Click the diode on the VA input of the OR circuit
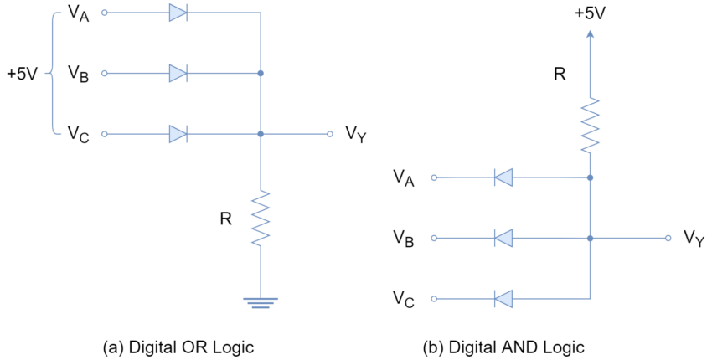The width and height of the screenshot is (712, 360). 178,13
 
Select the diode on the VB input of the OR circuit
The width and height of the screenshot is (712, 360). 178,73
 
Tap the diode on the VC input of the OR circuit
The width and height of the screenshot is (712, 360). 178,134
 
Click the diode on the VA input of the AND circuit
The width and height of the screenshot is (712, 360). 503,177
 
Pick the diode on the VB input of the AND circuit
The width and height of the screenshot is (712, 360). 503,238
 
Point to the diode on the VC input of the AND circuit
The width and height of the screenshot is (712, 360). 503,299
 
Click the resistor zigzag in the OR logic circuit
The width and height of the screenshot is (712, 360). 261,219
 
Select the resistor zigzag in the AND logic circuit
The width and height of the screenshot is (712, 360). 590,126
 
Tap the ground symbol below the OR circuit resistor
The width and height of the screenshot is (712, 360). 261,303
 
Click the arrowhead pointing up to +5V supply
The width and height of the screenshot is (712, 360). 590,34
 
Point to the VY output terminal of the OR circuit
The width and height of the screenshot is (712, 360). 330,134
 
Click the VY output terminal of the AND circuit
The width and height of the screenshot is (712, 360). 668,238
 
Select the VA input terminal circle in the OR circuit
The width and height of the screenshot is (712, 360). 105,13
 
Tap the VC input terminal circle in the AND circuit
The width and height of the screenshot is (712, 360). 434,299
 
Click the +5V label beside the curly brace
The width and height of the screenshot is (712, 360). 22,74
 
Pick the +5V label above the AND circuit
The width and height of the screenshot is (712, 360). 590,13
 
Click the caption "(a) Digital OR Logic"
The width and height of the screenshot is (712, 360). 178,347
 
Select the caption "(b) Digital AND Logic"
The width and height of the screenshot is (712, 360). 503,347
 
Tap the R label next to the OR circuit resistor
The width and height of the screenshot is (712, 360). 225,219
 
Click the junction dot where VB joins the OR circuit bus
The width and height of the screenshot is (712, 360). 261,73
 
